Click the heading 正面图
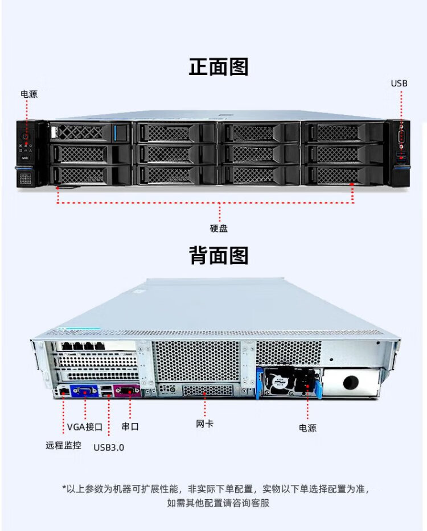(x=219, y=67)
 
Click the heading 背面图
(x=219, y=255)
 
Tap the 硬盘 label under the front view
(x=219, y=228)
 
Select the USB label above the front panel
(x=399, y=84)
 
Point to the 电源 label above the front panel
(x=29, y=94)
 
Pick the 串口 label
(x=130, y=426)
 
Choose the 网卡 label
(x=204, y=424)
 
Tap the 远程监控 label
(x=63, y=445)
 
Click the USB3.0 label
(x=108, y=447)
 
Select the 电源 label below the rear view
(x=307, y=428)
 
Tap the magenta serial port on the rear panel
(x=127, y=391)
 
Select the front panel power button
(x=26, y=137)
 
